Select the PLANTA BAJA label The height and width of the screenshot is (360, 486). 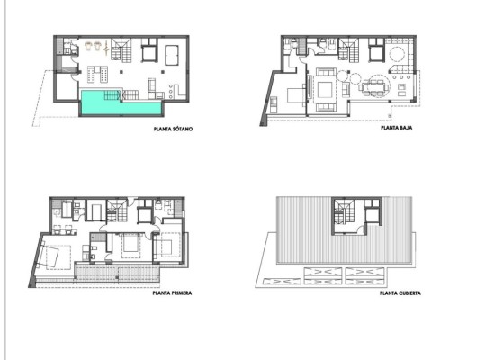396,129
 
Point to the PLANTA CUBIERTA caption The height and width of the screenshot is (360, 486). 400,292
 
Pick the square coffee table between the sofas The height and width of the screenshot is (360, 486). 323,88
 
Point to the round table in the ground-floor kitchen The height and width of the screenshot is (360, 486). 396,55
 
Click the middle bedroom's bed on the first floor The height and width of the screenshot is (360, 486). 130,243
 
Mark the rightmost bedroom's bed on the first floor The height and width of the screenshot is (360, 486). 167,246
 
